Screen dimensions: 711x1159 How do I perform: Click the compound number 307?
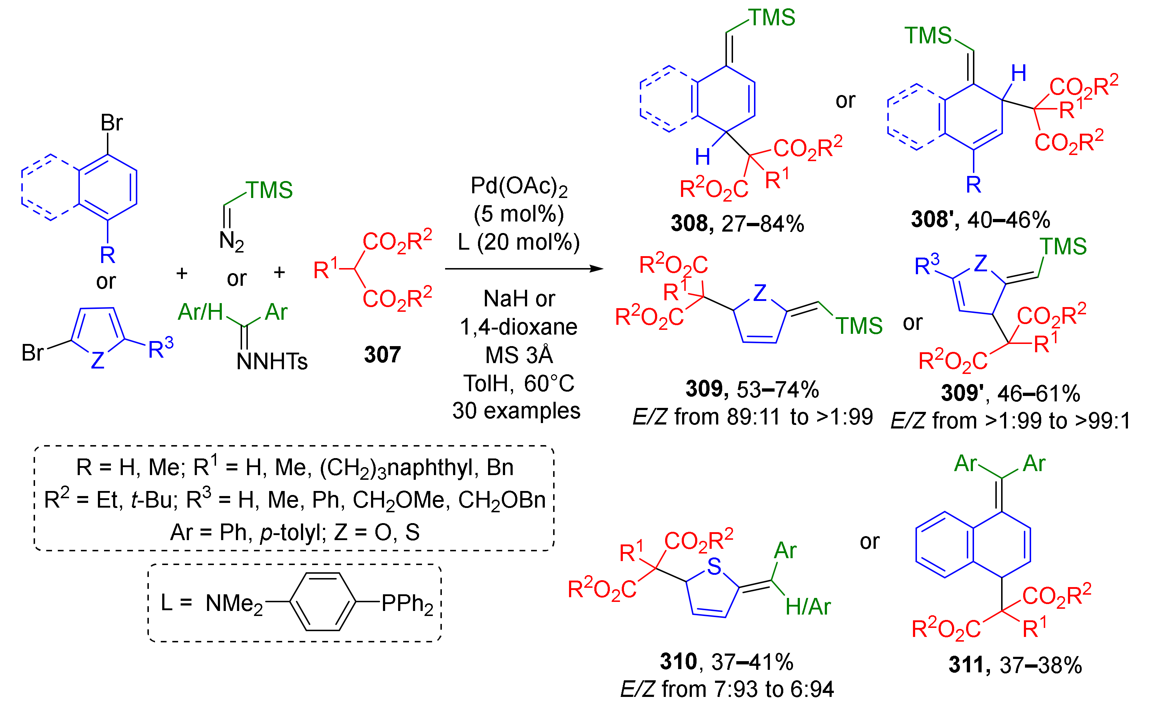point(382,354)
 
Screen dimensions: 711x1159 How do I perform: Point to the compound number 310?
point(678,662)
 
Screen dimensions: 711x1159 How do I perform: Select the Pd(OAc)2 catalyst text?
point(519,186)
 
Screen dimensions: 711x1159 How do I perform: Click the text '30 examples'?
point(516,410)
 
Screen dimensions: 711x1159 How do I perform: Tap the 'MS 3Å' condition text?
point(519,355)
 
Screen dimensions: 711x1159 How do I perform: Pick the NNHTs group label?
point(272,362)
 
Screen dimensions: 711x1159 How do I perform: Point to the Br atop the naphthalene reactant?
point(112,123)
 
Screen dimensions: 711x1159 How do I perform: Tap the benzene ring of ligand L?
point(322,602)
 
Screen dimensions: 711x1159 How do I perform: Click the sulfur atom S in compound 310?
point(714,566)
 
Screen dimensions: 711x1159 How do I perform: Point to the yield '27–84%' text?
point(762,224)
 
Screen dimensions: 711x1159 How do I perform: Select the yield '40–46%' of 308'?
point(1008,220)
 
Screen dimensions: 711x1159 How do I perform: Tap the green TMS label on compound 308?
point(772,18)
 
